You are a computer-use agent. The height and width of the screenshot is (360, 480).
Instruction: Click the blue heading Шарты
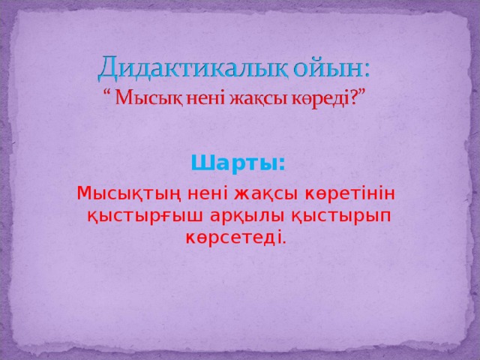[238, 163]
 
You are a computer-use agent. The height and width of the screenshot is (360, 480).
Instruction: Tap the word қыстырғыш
[141, 217]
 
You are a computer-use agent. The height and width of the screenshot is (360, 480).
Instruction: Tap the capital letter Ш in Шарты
[199, 163]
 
